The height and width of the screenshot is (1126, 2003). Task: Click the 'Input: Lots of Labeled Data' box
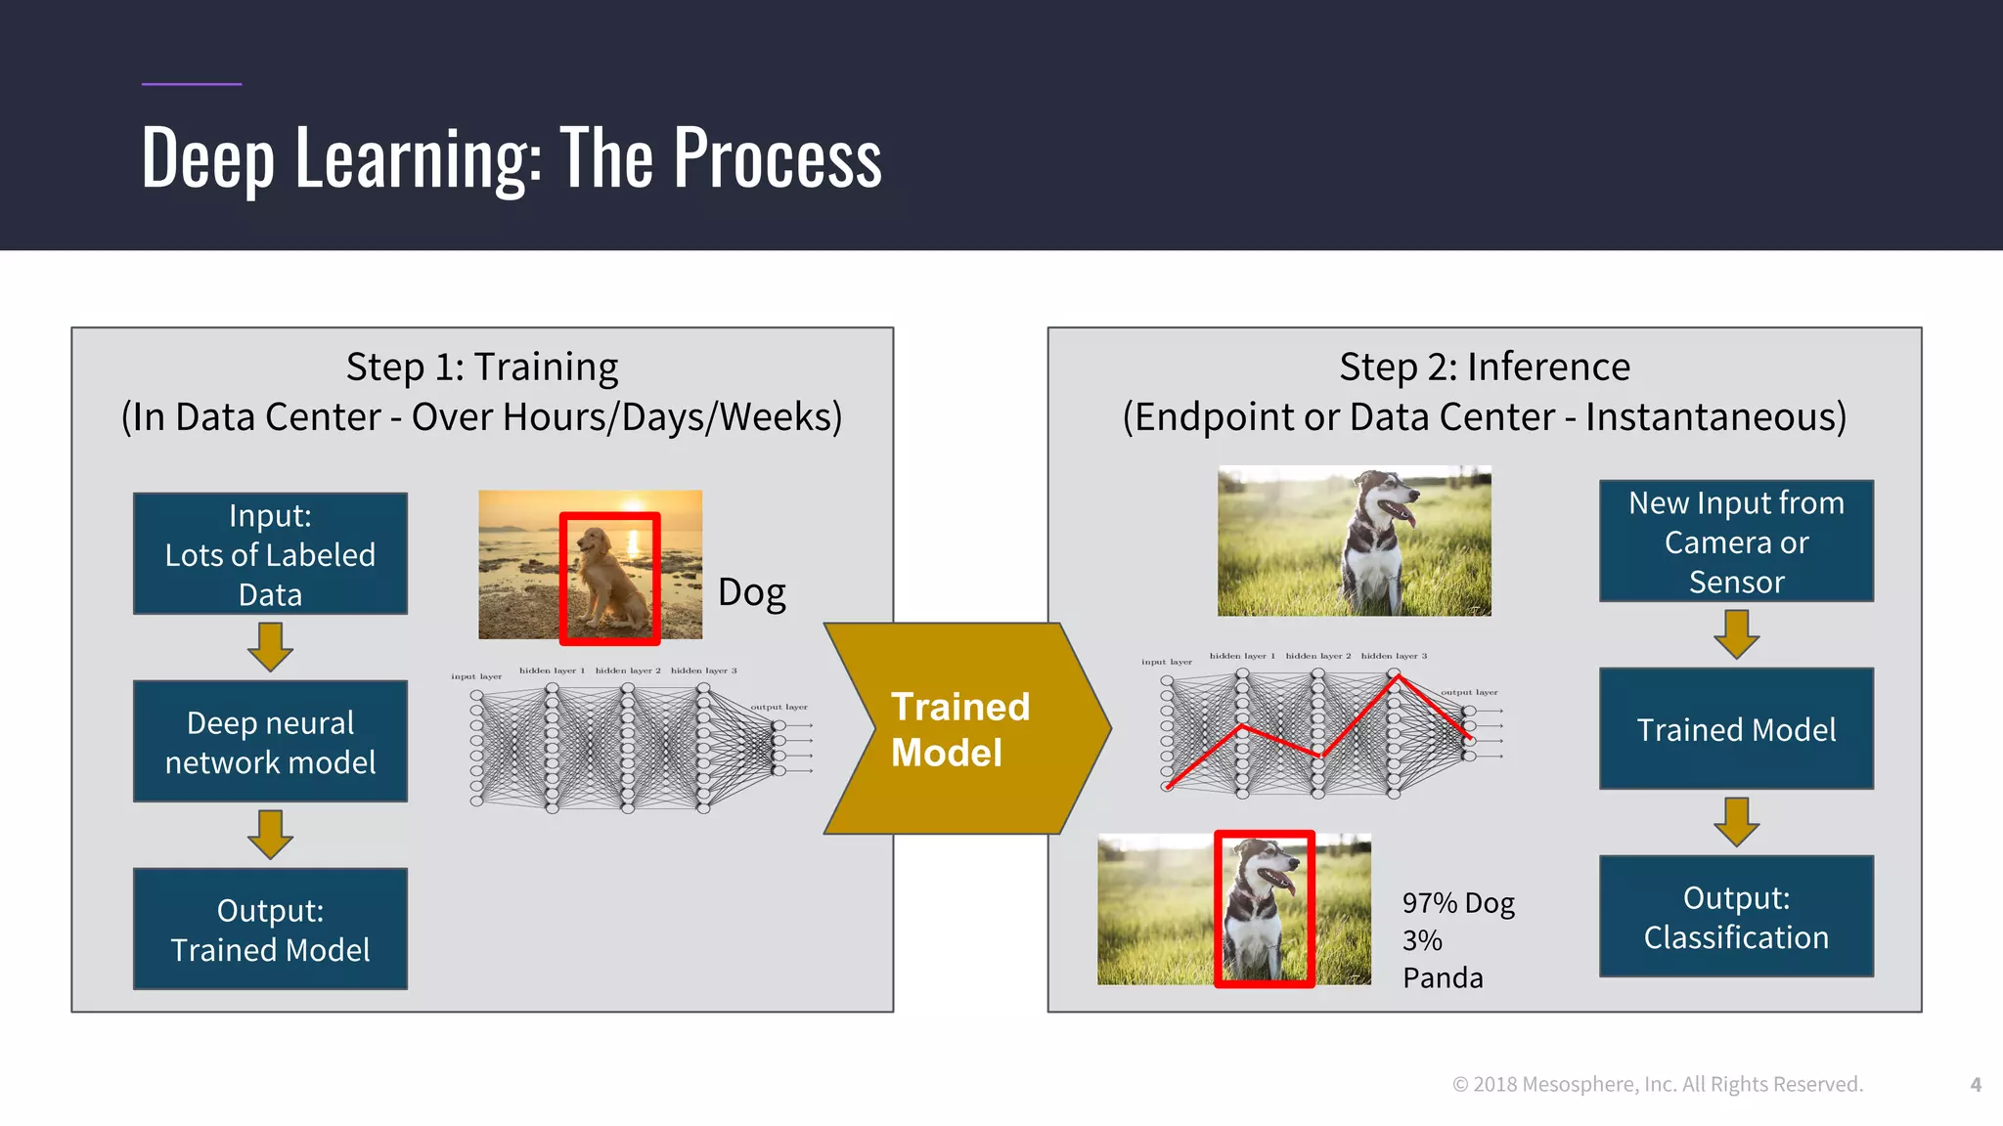pos(270,554)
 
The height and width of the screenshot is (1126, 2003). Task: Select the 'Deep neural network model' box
pos(270,742)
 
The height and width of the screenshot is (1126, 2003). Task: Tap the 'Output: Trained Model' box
pos(270,930)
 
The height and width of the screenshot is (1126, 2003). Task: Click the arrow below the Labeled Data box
pos(270,646)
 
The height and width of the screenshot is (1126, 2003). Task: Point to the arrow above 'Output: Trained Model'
pos(270,834)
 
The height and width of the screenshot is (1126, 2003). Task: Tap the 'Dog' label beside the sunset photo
pos(751,592)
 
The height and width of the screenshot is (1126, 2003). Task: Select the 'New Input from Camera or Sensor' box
pos(1736,541)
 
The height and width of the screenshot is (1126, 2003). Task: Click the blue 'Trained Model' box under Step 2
pos(1736,729)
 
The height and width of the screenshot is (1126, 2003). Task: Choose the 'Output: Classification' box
pos(1736,917)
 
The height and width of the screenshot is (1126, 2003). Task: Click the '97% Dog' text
pos(1458,903)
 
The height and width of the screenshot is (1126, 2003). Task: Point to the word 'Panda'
pos(1443,977)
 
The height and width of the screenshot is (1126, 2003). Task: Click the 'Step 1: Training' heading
pos(482,368)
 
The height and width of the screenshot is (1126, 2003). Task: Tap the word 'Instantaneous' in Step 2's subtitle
pos(1715,417)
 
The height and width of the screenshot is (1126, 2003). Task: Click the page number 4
pos(1976,1085)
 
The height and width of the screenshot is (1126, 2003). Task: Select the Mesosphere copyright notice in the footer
pos(1658,1085)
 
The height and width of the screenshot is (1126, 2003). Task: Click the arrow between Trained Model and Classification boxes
pos(1736,822)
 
